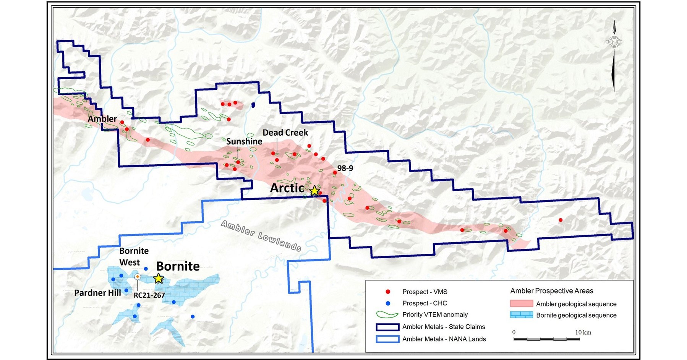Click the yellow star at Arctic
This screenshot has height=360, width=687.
tap(314, 191)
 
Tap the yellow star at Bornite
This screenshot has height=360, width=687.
tap(159, 279)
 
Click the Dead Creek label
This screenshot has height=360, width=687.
tap(285, 133)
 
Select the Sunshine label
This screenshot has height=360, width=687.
tap(244, 141)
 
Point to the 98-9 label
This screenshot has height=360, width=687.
tap(345, 168)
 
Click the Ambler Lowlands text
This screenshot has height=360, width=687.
tap(261, 236)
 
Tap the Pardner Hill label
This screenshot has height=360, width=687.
tap(97, 293)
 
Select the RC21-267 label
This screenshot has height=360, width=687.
tap(149, 295)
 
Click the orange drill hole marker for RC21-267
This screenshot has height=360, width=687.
tap(138, 276)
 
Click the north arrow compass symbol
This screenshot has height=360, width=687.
tap(614, 42)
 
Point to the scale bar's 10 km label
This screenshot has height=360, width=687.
tap(583, 332)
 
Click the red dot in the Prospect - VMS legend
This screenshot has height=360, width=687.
tap(388, 292)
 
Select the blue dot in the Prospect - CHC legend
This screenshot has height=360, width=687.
tap(388, 303)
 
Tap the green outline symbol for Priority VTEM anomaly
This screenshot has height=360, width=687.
tap(387, 315)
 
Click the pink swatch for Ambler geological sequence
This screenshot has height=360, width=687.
tap(521, 304)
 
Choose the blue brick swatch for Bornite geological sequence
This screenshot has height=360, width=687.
tap(521, 315)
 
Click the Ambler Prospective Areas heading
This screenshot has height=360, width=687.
tap(551, 291)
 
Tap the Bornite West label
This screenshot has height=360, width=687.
tap(133, 256)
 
